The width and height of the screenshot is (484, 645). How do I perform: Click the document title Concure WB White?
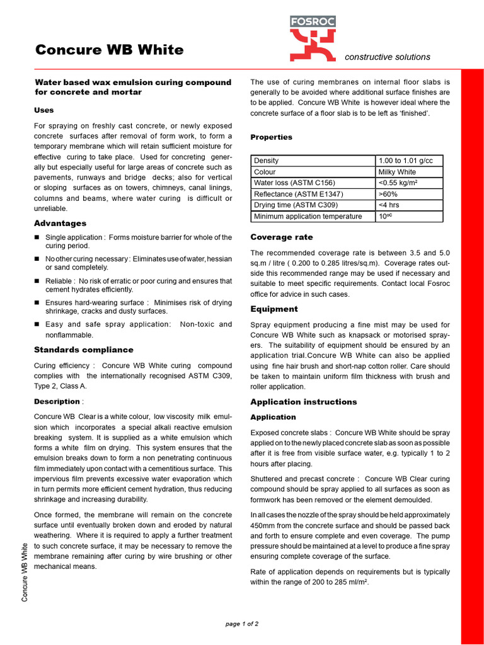coord(109,50)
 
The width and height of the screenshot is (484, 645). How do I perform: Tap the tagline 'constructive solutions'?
coord(387,57)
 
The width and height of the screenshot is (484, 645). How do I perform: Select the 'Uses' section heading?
coord(44,110)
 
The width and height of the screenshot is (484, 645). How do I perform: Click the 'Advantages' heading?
coord(60,223)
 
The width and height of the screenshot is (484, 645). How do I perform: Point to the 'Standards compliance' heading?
coord(83,350)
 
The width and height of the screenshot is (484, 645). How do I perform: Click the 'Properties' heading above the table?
coord(271,137)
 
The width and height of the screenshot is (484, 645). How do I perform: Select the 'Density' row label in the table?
coord(266,161)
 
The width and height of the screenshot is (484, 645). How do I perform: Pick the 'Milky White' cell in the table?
coord(397,172)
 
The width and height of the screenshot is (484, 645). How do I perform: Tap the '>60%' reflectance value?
coord(388,194)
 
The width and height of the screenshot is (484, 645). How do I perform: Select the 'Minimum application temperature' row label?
coord(308,217)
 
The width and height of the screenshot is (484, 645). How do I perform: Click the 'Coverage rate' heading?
coord(281,237)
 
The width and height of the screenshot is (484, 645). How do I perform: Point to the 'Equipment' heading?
coord(274,309)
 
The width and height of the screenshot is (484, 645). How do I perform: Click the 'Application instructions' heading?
coord(303,401)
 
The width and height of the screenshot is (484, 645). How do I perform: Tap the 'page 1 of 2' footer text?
coord(242,624)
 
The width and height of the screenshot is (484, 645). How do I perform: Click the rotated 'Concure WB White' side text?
coord(25,572)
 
